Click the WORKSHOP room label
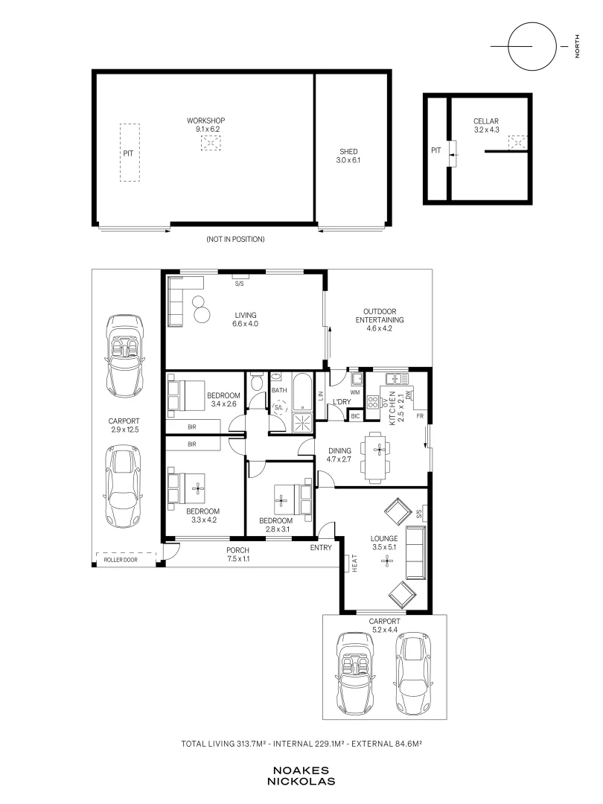[205, 121]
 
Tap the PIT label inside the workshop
[128, 153]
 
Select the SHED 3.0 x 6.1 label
[348, 156]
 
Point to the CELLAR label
[485, 121]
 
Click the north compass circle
[532, 46]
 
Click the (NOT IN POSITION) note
[235, 239]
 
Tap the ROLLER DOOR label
[121, 559]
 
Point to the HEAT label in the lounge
[354, 564]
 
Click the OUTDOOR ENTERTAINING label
[380, 319]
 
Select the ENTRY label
[321, 548]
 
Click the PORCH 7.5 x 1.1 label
[238, 555]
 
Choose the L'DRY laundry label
[342, 401]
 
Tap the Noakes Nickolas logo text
[301, 776]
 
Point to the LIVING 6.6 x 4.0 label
[246, 319]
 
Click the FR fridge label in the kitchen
[420, 416]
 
